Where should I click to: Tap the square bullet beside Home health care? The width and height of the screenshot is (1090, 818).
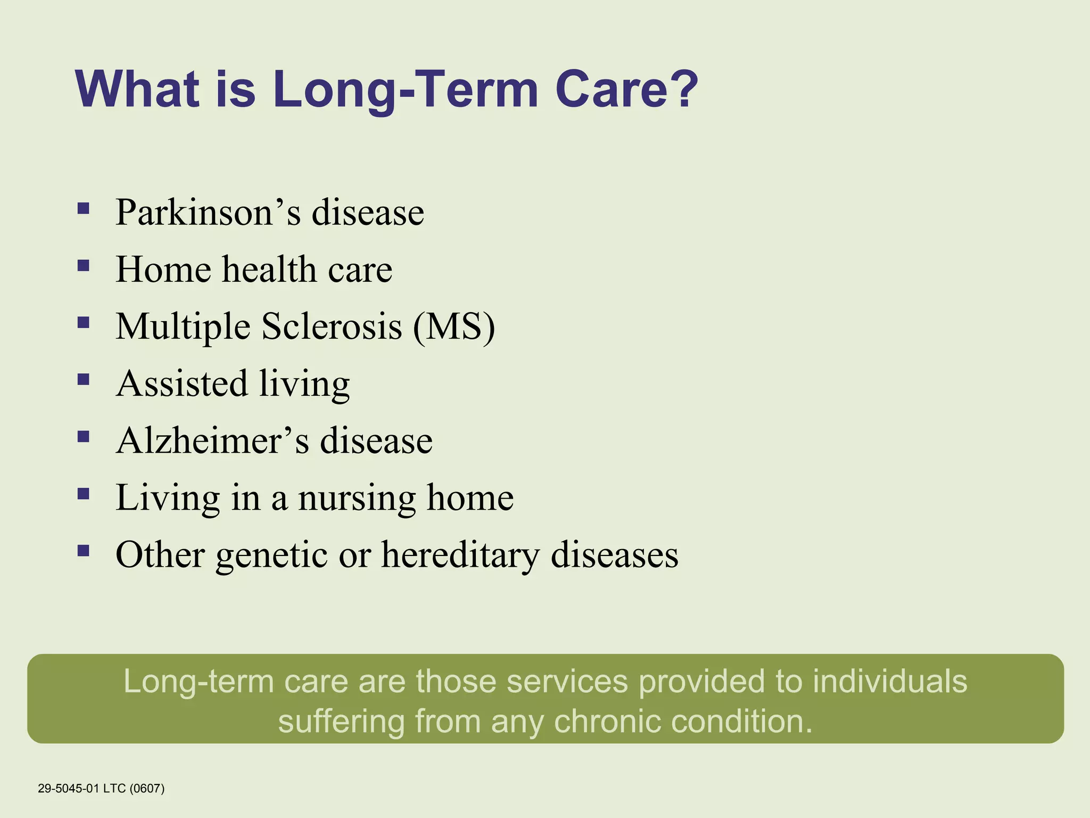click(83, 265)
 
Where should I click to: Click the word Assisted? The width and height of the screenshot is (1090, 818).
click(181, 383)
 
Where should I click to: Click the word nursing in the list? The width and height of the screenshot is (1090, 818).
click(357, 498)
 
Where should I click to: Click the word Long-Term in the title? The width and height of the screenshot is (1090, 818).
click(405, 89)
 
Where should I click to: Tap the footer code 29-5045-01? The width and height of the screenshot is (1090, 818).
click(68, 788)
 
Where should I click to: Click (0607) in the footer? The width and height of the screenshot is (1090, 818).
click(147, 788)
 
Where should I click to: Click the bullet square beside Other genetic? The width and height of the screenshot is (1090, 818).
click(83, 550)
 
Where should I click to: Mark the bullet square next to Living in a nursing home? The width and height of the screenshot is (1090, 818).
click(83, 493)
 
